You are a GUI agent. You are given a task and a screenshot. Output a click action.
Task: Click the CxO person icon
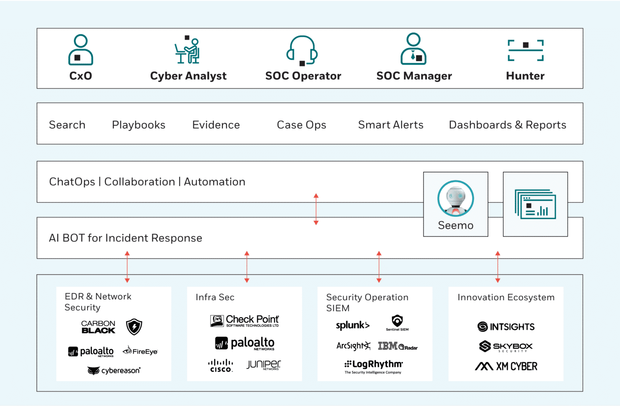(x=81, y=50)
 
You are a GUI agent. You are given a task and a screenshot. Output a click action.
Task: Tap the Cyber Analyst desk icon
(x=188, y=50)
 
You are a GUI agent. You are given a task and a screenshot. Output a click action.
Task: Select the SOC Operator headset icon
(x=302, y=50)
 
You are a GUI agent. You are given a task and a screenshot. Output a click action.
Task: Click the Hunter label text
(x=525, y=76)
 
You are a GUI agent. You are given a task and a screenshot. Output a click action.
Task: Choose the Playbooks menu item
(x=138, y=125)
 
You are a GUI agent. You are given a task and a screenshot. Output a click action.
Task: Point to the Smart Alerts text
(x=390, y=125)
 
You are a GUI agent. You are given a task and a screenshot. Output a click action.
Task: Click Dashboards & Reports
(x=507, y=125)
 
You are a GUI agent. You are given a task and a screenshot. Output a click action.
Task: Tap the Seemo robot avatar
(x=456, y=199)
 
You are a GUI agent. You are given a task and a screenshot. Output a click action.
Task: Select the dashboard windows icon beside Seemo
(x=535, y=204)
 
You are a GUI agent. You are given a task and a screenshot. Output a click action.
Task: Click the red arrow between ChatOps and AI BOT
(x=316, y=209)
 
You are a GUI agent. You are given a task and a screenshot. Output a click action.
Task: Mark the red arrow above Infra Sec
(x=247, y=267)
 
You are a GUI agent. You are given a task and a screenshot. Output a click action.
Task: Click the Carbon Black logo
(x=98, y=327)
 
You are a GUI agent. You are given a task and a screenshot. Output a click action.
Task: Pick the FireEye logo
(x=140, y=351)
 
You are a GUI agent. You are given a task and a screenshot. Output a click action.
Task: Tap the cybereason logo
(x=114, y=370)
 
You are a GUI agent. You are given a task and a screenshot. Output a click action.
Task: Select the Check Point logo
(x=245, y=321)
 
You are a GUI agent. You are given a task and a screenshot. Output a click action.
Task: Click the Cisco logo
(x=220, y=366)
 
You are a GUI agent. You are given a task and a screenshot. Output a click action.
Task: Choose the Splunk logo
(x=352, y=325)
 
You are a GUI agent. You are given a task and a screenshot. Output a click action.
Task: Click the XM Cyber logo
(x=506, y=366)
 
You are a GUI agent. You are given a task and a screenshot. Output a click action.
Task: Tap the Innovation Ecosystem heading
(x=506, y=297)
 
